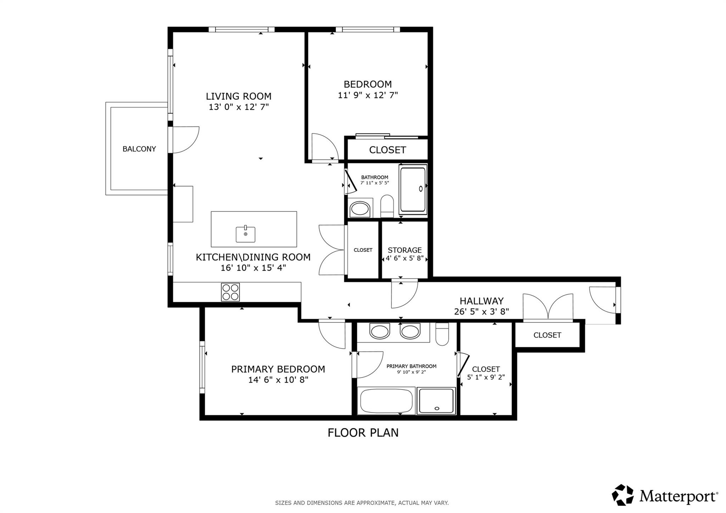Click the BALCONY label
pyautogui.click(x=139, y=149)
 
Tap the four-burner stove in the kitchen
pyautogui.click(x=230, y=292)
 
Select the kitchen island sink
pyautogui.click(x=245, y=235)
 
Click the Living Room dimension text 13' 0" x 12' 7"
pyautogui.click(x=239, y=107)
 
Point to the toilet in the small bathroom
pyautogui.click(x=387, y=206)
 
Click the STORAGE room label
pyautogui.click(x=404, y=250)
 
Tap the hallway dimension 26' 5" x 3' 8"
pyautogui.click(x=481, y=312)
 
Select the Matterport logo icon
pyautogui.click(x=622, y=495)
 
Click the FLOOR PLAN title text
pyautogui.click(x=363, y=433)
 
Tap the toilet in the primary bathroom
pyautogui.click(x=442, y=334)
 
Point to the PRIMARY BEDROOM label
pyautogui.click(x=278, y=369)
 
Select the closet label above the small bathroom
pyautogui.click(x=387, y=150)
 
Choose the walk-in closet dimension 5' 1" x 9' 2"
pyautogui.click(x=486, y=377)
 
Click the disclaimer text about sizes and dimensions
pyautogui.click(x=362, y=503)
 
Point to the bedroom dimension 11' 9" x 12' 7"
pyautogui.click(x=368, y=95)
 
